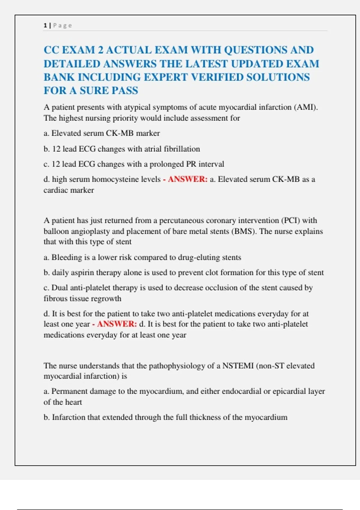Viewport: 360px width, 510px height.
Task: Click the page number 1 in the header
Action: [45, 25]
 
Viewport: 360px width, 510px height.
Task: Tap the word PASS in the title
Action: [124, 90]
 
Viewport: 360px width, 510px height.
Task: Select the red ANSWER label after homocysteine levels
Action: [187, 179]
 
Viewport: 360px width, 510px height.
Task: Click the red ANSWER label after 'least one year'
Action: [117, 324]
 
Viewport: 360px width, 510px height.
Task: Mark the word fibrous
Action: [55, 298]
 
